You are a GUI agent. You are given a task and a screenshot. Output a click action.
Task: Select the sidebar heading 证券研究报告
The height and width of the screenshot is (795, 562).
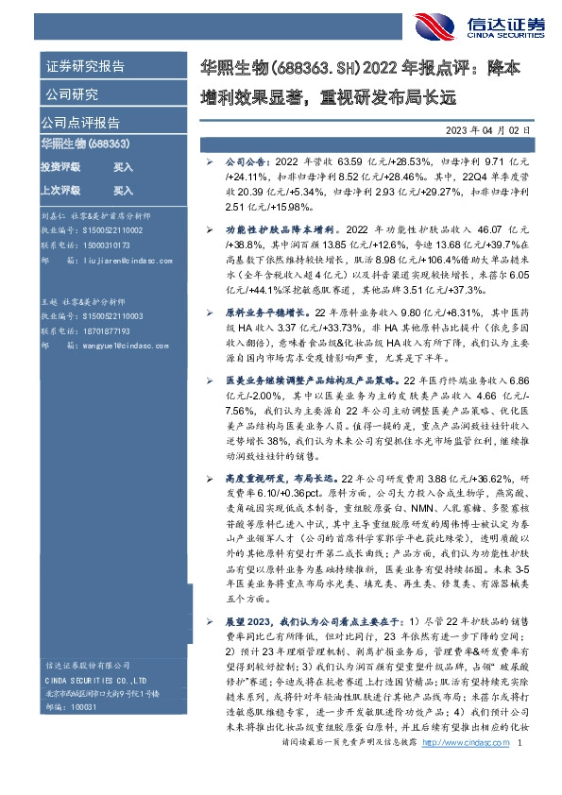point(85,67)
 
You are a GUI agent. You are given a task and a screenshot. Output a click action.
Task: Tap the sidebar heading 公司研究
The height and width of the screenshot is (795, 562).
point(72,94)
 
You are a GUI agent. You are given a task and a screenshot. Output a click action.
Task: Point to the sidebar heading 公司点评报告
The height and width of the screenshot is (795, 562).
point(79,123)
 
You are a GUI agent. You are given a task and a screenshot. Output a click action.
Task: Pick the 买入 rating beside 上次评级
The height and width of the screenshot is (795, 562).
point(124,191)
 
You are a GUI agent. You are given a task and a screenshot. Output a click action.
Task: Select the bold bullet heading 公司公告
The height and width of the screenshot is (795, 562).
point(248,162)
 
